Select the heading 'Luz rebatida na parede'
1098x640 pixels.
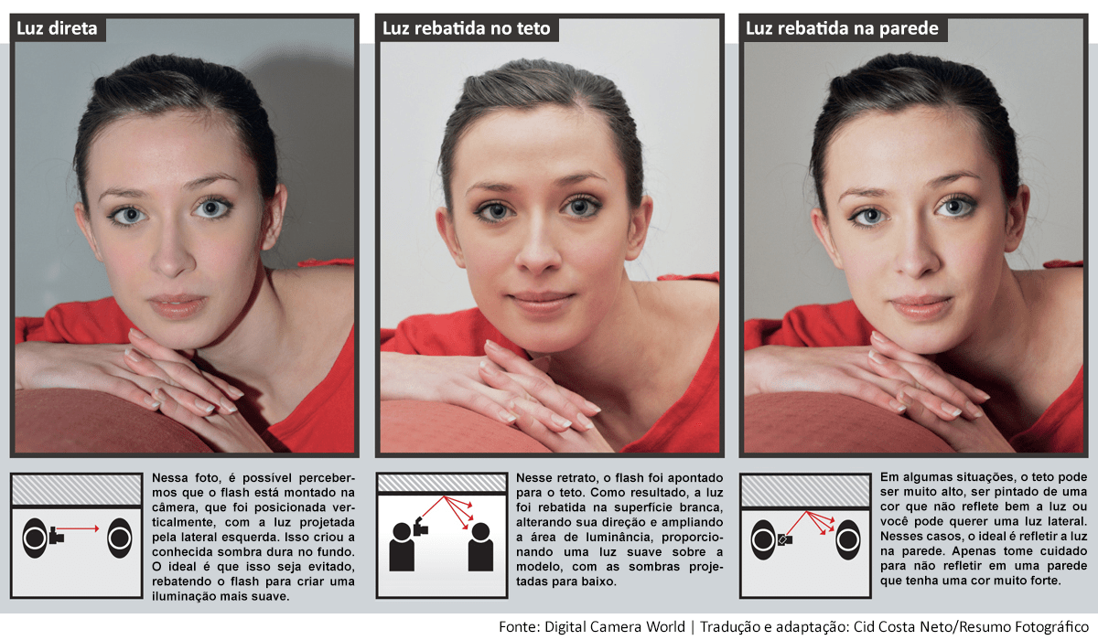coord(842,28)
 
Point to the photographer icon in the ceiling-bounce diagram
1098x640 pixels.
coord(403,545)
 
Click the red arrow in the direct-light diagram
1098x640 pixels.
coord(86,528)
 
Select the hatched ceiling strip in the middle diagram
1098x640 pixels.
coord(441,482)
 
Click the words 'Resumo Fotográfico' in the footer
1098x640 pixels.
coord(1029,626)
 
